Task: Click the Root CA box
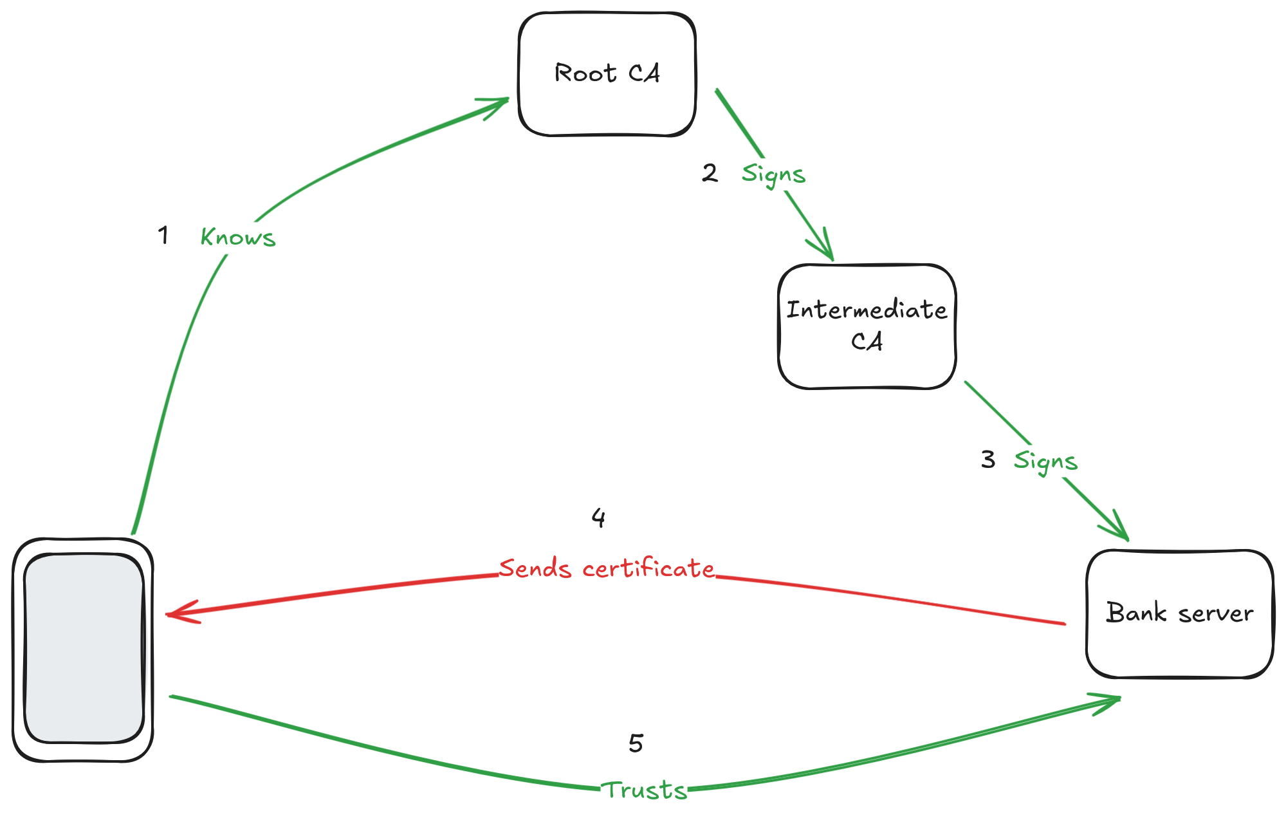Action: (607, 74)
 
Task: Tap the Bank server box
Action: (1179, 613)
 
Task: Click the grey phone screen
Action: (84, 649)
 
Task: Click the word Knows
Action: (238, 238)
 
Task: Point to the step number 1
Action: (163, 235)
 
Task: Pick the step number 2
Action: (710, 172)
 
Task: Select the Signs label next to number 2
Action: (773, 174)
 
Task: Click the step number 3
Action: (987, 460)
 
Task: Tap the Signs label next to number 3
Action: (1045, 461)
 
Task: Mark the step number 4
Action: (598, 517)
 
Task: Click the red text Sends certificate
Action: (606, 569)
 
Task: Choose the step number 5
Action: (636, 743)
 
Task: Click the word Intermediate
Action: (867, 310)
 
